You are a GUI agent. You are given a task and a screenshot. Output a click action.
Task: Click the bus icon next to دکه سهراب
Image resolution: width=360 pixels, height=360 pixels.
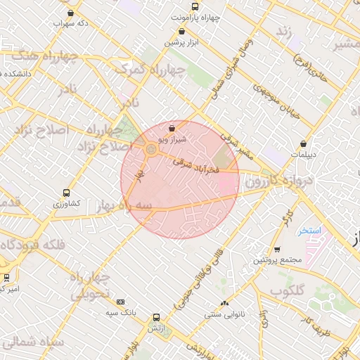(70, 13)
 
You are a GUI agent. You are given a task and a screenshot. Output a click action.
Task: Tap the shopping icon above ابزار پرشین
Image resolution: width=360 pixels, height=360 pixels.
(183, 31)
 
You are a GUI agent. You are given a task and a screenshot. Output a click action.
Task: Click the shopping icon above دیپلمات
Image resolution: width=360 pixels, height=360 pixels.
(303, 143)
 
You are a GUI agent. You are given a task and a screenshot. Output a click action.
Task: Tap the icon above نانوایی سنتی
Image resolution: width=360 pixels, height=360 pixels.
(224, 303)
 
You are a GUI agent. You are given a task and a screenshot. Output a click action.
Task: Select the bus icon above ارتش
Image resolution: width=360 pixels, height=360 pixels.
(155, 317)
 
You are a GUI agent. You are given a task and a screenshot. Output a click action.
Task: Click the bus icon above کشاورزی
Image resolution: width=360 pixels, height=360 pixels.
(67, 192)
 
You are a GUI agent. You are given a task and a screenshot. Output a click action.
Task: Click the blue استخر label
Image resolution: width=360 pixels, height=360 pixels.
(309, 231)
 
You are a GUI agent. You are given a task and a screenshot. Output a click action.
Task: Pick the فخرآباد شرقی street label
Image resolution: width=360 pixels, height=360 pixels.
(197, 165)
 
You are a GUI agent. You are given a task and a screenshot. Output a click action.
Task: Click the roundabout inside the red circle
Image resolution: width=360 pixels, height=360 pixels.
(151, 149)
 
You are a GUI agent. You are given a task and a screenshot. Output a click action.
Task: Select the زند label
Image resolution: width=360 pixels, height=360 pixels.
(284, 32)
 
